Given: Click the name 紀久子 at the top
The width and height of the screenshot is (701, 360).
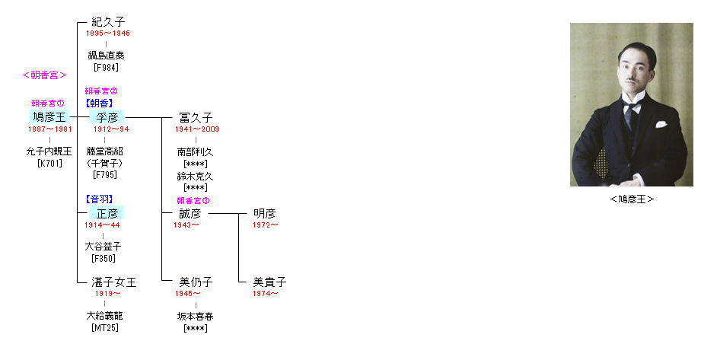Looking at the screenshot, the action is click(x=108, y=22).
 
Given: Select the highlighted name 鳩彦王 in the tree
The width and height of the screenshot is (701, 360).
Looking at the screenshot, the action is click(x=49, y=117).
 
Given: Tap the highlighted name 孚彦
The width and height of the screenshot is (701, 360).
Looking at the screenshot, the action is click(x=107, y=117).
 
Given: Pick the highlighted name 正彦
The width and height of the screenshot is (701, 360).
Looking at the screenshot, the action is click(x=107, y=213).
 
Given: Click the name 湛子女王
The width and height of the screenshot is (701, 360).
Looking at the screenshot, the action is click(x=114, y=282).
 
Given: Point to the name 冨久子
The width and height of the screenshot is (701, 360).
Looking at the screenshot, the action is click(x=196, y=118).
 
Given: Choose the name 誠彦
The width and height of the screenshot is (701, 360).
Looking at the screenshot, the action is click(x=190, y=214).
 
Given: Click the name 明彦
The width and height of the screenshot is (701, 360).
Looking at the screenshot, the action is click(x=264, y=214).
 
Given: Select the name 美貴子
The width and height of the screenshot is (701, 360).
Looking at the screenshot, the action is click(x=269, y=282).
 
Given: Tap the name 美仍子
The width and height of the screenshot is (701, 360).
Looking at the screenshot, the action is click(x=196, y=282).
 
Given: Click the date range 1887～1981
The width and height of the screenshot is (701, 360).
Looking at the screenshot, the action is click(x=50, y=129).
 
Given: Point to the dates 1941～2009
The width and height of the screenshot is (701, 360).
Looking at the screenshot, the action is click(x=197, y=129).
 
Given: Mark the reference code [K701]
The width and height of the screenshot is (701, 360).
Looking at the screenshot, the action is click(x=49, y=163).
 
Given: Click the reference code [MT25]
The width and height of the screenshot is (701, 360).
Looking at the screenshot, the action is click(x=105, y=328).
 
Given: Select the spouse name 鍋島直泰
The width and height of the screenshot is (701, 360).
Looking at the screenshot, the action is click(x=106, y=56).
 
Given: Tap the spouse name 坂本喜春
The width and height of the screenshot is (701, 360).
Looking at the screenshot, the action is click(x=196, y=317).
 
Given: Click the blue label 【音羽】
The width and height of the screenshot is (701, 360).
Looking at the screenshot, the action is click(x=99, y=199).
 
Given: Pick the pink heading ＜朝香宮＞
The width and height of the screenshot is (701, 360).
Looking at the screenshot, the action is click(x=44, y=75).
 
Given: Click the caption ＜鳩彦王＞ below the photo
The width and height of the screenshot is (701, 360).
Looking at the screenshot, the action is click(x=632, y=199).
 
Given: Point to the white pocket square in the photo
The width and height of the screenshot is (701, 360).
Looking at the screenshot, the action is click(x=661, y=124).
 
